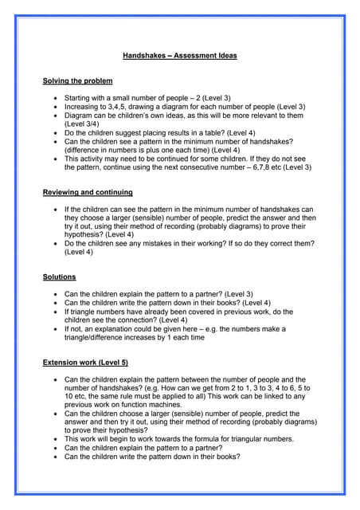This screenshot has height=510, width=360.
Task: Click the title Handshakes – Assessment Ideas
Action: click(x=180, y=56)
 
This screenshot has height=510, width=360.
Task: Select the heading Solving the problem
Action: click(x=77, y=80)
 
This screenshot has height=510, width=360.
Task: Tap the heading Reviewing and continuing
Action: click(x=87, y=192)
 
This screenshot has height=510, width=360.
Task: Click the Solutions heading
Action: click(x=59, y=277)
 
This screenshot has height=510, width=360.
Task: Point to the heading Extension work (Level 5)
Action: click(x=84, y=362)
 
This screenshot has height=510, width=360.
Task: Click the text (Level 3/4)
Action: click(x=84, y=124)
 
